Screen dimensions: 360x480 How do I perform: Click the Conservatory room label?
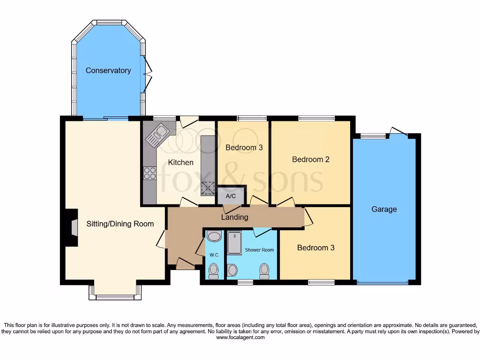point(108,70)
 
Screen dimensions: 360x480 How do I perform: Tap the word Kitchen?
point(180,162)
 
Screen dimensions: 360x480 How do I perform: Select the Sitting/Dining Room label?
point(120,224)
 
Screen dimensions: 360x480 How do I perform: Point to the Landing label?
point(234,217)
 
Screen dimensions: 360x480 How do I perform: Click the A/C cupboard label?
point(231,196)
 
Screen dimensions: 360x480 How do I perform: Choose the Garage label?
point(384,209)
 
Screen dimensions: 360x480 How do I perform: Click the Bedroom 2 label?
point(310,159)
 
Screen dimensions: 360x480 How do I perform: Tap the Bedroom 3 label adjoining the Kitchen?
point(244,147)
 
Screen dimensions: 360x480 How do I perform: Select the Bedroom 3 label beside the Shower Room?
point(315,247)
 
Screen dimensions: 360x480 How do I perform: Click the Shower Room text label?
point(259,250)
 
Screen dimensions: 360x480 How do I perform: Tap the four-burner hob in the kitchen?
point(150,173)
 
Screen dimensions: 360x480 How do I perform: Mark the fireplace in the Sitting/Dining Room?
point(71,227)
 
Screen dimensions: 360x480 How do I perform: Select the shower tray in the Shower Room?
point(233,243)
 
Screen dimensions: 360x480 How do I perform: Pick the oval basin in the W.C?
point(214,236)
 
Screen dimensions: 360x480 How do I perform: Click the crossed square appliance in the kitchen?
point(207,187)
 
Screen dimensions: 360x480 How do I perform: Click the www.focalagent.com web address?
point(240,337)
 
